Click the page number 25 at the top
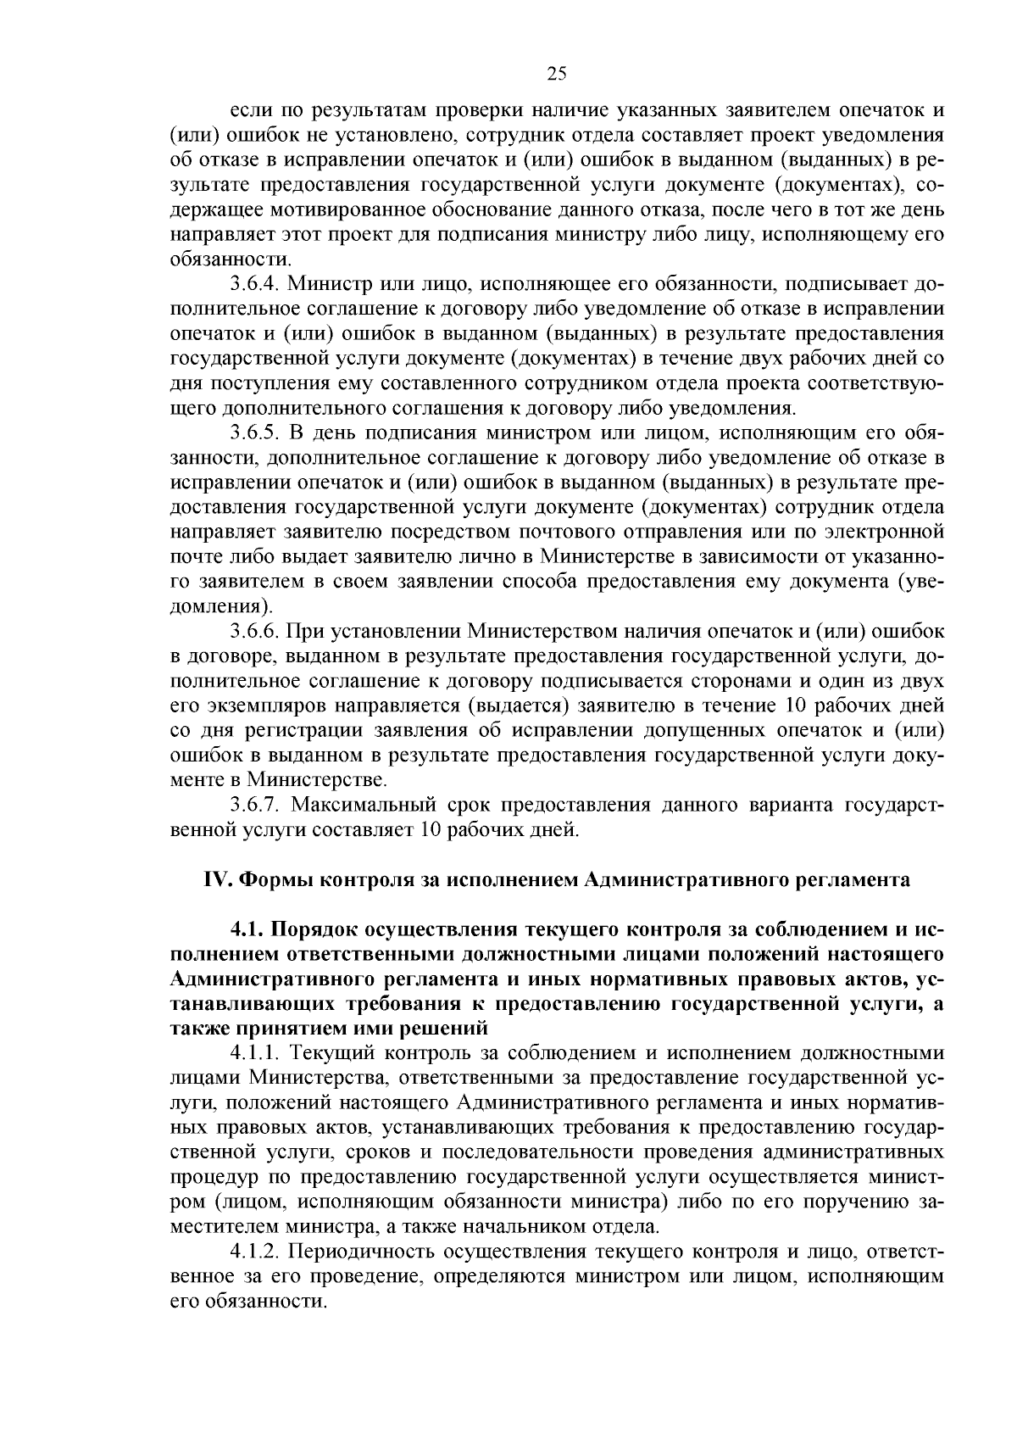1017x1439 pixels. pyautogui.click(x=556, y=74)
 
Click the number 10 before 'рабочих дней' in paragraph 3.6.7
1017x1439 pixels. pyautogui.click(x=429, y=829)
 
